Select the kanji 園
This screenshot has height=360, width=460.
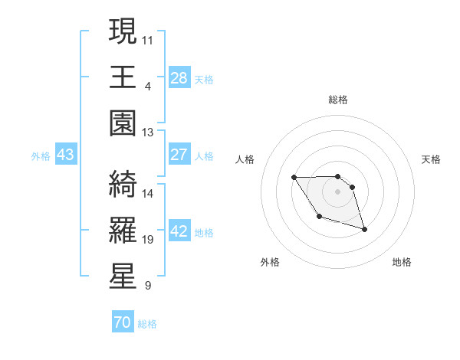tap(123, 123)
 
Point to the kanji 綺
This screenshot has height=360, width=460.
tap(123, 182)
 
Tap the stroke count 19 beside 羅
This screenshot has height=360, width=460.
tap(148, 239)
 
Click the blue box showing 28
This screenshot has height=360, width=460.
tap(179, 78)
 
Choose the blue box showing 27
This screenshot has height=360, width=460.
tap(179, 155)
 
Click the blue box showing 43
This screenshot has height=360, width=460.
tap(66, 155)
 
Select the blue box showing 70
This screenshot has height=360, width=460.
tap(122, 322)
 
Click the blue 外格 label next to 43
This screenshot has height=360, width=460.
tap(41, 156)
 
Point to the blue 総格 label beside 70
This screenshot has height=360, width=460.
tap(147, 324)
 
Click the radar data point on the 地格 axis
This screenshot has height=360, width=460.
tap(364, 229)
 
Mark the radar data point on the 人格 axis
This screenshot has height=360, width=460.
tap(294, 178)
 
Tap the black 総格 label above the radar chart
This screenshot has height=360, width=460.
tap(338, 100)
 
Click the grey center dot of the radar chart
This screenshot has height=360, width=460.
tap(338, 191)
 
